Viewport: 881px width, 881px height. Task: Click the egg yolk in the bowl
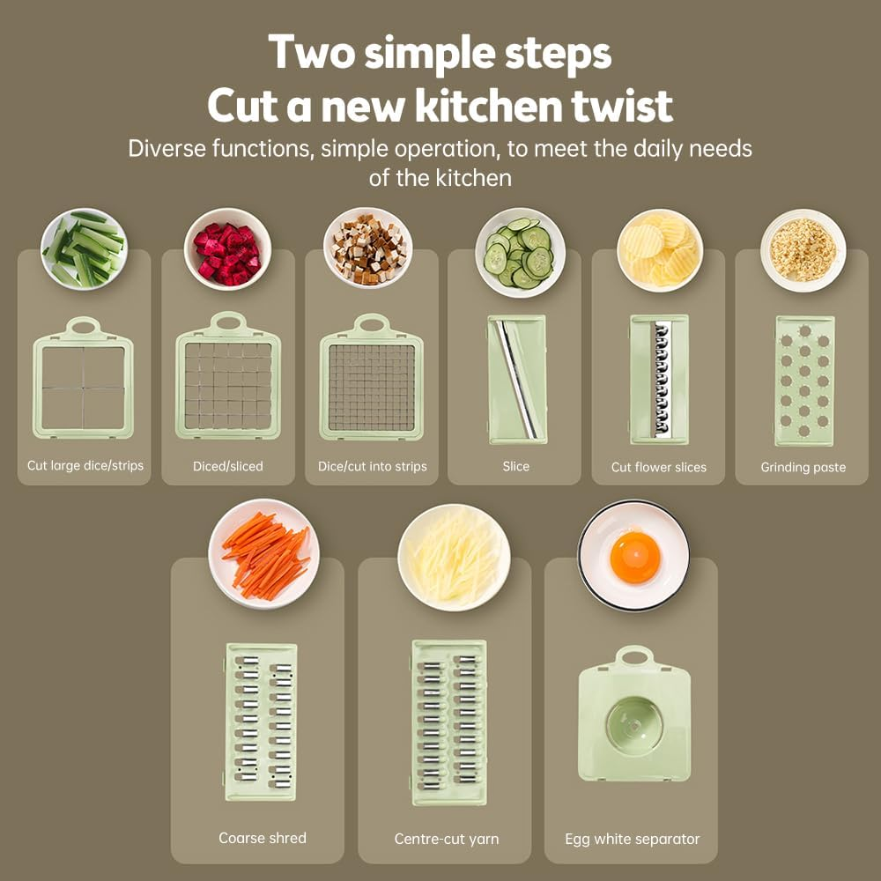point(635,558)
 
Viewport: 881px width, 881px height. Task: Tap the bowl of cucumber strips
point(85,249)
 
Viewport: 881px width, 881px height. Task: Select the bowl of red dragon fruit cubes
point(227,249)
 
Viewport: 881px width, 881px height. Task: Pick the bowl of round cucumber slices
point(521,252)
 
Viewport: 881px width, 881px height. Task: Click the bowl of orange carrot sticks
point(264,554)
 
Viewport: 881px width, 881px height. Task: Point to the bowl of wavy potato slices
point(660,250)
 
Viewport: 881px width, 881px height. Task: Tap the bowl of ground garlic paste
point(803,250)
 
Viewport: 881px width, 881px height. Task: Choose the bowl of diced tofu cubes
point(368,249)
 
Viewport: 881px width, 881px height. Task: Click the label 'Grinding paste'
point(803,467)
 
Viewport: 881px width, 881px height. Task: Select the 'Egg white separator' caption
point(632,839)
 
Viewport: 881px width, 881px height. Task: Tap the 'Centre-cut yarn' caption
point(447,839)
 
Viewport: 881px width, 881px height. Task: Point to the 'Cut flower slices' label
point(658,467)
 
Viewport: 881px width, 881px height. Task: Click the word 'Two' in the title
point(312,52)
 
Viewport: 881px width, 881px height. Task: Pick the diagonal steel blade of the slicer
point(515,380)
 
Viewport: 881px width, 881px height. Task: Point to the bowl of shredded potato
point(454,558)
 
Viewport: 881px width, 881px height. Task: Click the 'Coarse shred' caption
point(263,838)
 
